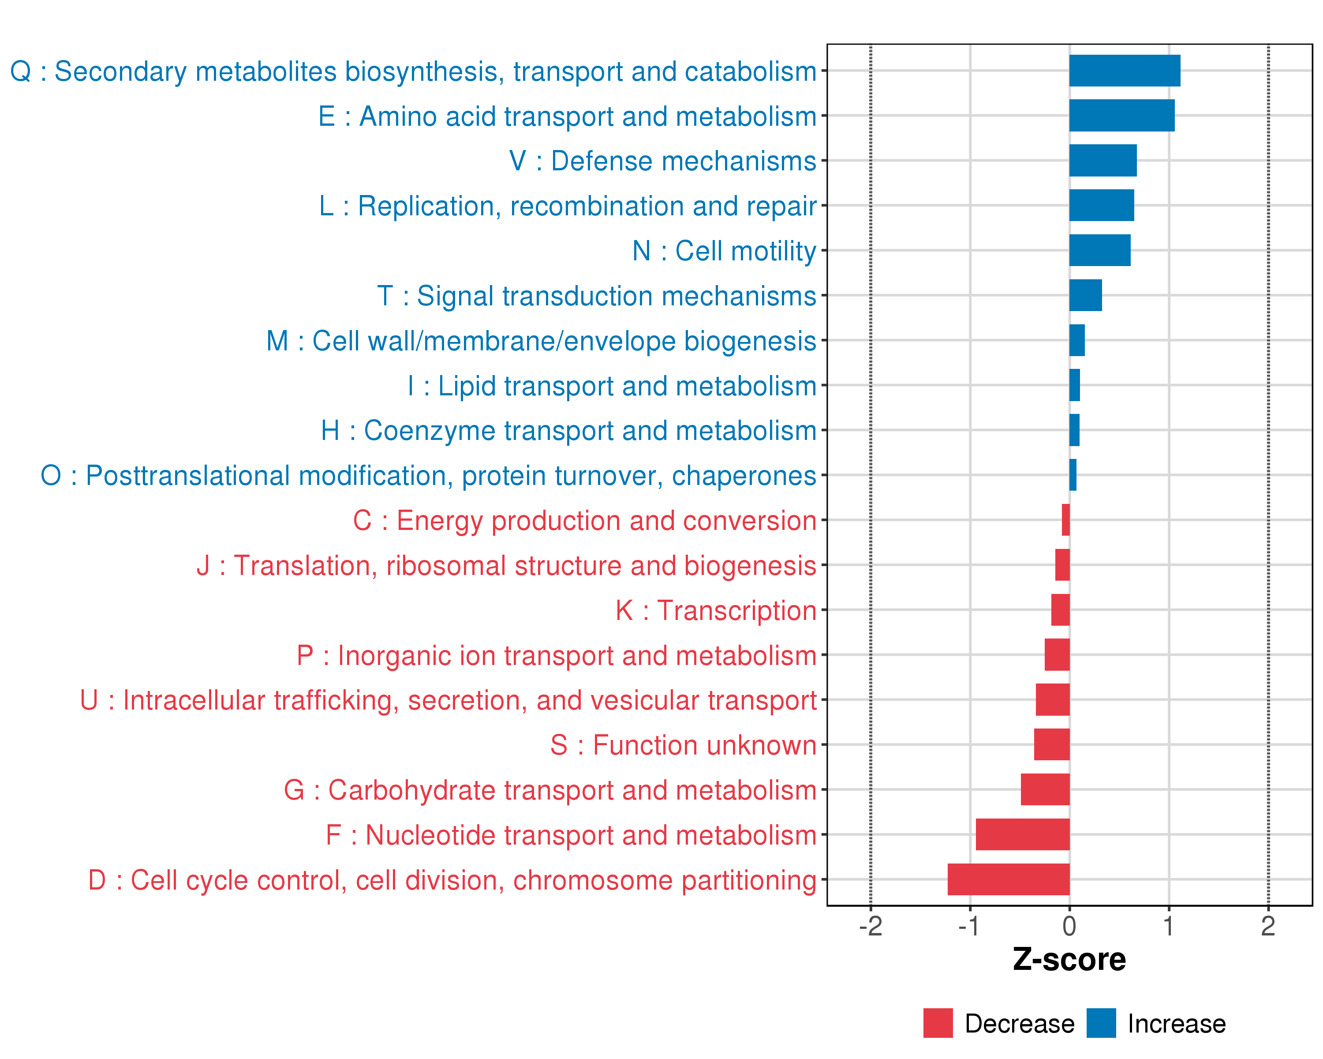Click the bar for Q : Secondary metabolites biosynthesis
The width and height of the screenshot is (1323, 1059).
pyautogui.click(x=1124, y=71)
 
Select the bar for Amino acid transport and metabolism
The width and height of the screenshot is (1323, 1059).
pyautogui.click(x=1122, y=116)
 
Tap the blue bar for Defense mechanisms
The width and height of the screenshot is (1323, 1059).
pyautogui.click(x=1102, y=160)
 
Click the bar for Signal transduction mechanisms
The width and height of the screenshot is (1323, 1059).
pyautogui.click(x=1086, y=295)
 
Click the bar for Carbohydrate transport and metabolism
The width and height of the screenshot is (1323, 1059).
pyautogui.click(x=1045, y=789)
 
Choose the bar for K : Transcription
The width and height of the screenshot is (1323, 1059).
pyautogui.click(x=1060, y=610)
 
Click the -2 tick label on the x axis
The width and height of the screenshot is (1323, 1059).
pyautogui.click(x=870, y=926)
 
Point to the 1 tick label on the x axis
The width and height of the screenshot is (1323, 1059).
pyautogui.click(x=1168, y=926)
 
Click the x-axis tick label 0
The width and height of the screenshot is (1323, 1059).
pyautogui.click(x=1069, y=926)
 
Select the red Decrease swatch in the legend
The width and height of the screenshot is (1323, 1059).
pyautogui.click(x=938, y=1023)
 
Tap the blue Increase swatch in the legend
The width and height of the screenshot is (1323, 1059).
pyautogui.click(x=1101, y=1023)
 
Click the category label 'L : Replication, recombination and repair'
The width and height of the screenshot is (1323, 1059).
pyautogui.click(x=568, y=206)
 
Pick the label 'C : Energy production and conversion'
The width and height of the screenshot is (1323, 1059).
pyautogui.click(x=584, y=521)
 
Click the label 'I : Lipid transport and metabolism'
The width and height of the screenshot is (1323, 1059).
pyautogui.click(x=612, y=386)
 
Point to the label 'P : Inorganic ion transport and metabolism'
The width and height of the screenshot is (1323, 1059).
pyautogui.click(x=556, y=656)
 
